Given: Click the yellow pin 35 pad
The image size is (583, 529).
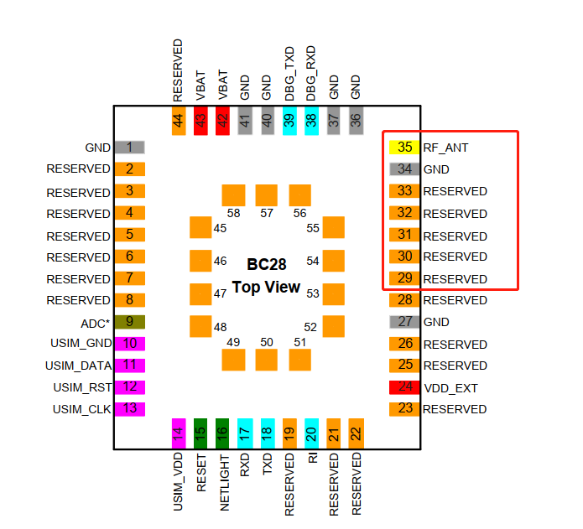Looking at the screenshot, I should [x=404, y=147].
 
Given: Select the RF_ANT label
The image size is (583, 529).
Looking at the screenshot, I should [x=445, y=148].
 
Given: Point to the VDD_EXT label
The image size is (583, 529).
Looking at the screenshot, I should [x=451, y=388].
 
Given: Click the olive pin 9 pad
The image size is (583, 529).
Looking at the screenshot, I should [x=129, y=321].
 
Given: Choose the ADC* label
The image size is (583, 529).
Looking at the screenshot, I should [x=96, y=322].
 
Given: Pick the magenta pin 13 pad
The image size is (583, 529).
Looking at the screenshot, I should [x=129, y=409].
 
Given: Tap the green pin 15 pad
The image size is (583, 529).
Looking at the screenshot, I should [x=200, y=433].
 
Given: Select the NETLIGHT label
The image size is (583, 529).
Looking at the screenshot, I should [x=223, y=483].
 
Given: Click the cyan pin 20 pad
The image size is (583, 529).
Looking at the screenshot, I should [x=311, y=433].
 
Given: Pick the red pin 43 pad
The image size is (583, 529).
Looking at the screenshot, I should [x=200, y=121].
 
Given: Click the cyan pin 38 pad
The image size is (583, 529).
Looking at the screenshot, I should [x=311, y=121].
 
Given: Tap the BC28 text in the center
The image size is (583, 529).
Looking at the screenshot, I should [x=266, y=265].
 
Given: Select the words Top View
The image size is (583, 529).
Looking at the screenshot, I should [x=266, y=287].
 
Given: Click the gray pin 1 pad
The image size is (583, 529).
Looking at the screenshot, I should [x=129, y=148].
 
